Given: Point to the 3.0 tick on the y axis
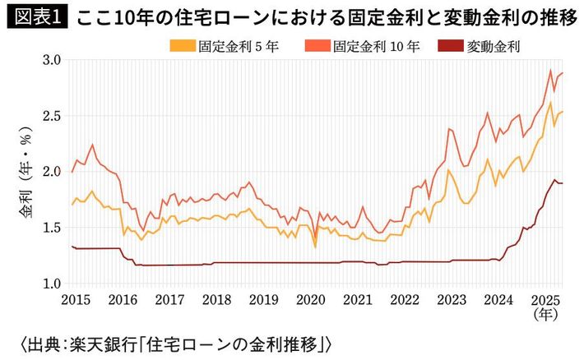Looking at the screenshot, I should (51, 61).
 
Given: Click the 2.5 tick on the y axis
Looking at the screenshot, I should (51, 116).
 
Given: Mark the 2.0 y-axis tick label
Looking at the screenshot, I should (51, 172).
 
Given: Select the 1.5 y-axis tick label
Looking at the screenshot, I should (51, 228).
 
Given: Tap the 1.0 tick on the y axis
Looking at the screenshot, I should (51, 284).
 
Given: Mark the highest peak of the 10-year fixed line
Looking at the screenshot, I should (550, 70).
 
